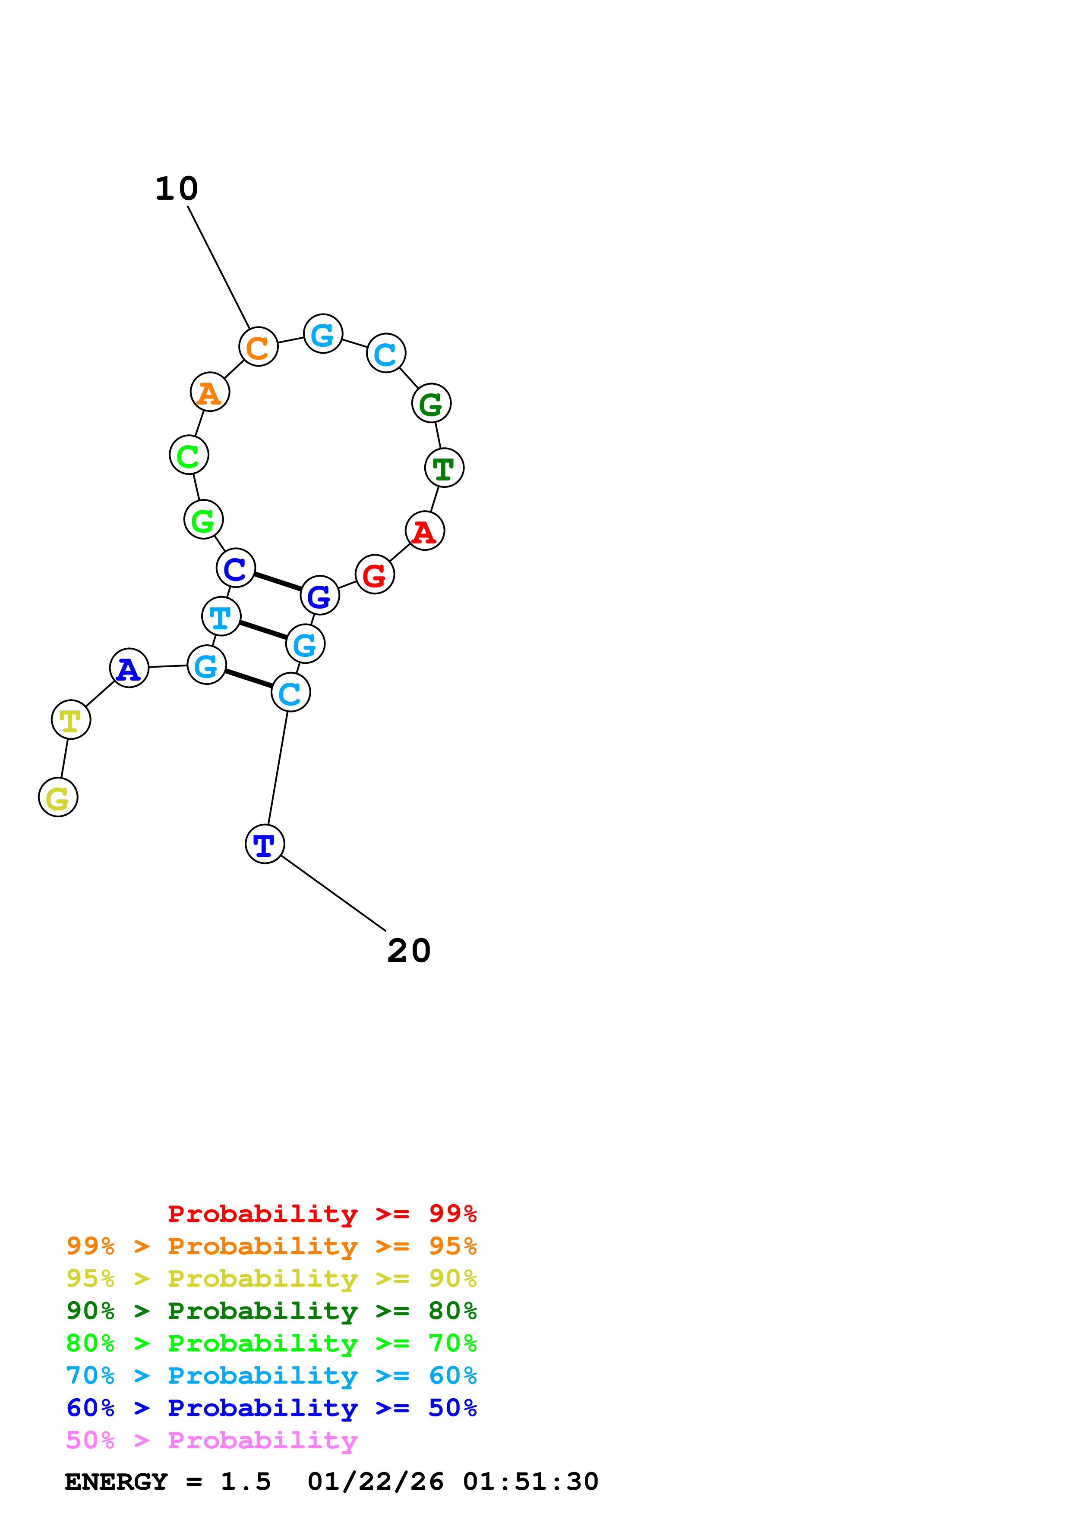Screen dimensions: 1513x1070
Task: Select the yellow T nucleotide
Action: click(x=70, y=719)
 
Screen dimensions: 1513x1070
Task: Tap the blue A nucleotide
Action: click(x=129, y=668)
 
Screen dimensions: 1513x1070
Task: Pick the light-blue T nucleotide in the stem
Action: click(x=221, y=616)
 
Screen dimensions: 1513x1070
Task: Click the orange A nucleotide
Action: click(x=210, y=392)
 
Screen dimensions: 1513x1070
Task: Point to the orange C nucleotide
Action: click(x=258, y=347)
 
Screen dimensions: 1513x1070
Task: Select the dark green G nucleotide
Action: click(x=431, y=403)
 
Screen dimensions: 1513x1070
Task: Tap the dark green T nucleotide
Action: click(x=444, y=468)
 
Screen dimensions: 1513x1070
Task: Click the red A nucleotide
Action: click(x=425, y=530)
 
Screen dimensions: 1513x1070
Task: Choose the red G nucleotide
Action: click(x=375, y=574)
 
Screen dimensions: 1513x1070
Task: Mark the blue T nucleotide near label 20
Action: click(x=264, y=844)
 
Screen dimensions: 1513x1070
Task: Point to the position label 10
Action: click(x=176, y=189)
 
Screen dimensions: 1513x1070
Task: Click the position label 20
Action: click(x=409, y=951)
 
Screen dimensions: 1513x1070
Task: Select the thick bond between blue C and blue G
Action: click(x=278, y=581)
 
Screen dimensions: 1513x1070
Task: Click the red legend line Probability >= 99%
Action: click(x=322, y=1214)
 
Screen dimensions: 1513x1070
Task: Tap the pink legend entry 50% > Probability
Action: click(x=211, y=1441)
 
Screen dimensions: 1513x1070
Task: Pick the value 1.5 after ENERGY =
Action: click(x=245, y=1482)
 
